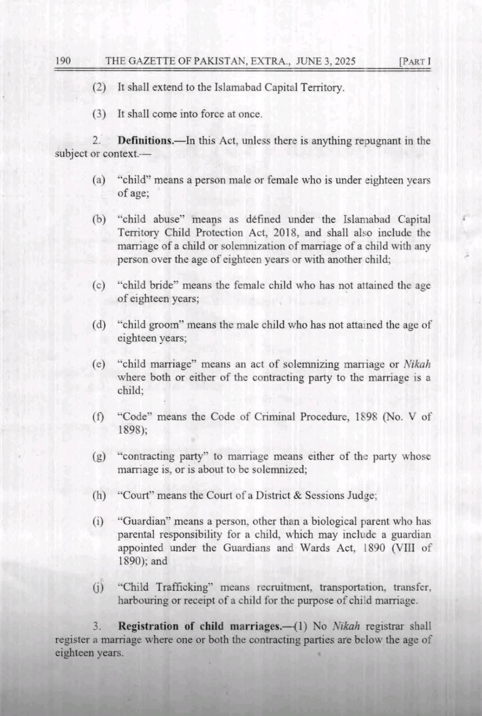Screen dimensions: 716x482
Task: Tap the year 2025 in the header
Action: (344, 61)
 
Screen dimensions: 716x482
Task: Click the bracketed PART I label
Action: (415, 62)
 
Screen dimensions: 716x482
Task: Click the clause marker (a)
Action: (99, 180)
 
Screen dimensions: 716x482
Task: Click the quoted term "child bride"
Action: (149, 285)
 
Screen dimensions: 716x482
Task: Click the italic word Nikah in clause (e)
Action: (417, 364)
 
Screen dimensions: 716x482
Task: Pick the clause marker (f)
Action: (98, 417)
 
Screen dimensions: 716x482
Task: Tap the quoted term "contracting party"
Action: (163, 456)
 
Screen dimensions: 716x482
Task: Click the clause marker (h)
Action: (99, 496)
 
